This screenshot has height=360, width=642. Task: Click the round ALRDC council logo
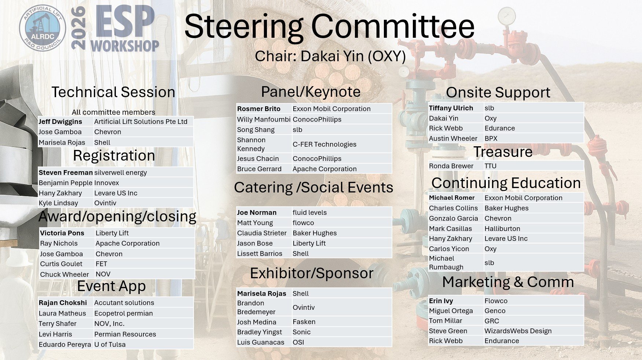tap(43, 28)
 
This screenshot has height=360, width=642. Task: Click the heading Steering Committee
tap(329, 26)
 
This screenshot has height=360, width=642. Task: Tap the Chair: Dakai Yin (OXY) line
tap(330, 56)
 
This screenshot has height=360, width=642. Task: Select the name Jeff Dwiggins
tap(60, 122)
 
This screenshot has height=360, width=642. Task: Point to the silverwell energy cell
tap(121, 173)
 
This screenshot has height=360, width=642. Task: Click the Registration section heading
tap(114, 155)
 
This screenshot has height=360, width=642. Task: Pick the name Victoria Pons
tap(62, 233)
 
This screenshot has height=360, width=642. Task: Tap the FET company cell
tap(101, 264)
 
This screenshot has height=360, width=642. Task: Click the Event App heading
tap(111, 286)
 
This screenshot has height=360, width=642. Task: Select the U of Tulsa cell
tap(110, 345)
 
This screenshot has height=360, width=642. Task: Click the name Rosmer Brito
tap(259, 109)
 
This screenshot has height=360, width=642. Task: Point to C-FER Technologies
tap(324, 144)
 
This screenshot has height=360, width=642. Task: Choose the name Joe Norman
tap(257, 213)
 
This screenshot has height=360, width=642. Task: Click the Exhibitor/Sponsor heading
tap(312, 273)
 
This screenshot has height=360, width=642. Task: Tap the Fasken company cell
tap(304, 322)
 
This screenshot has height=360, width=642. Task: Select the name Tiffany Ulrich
tap(451, 108)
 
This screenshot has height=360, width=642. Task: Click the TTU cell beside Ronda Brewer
tap(491, 166)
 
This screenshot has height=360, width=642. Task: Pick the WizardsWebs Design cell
tap(518, 331)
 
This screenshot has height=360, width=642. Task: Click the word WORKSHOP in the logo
tap(125, 46)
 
